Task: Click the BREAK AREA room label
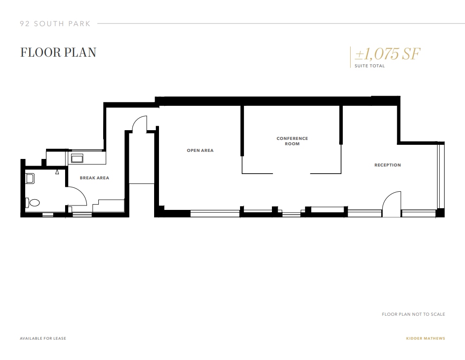coord(94,178)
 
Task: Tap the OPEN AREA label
coord(200,151)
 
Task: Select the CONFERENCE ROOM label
coord(292,141)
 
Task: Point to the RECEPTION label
coord(387,165)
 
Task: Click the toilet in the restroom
coord(33,203)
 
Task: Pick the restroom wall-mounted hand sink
coord(30,178)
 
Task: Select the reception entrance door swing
coord(391,203)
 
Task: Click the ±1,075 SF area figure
coord(387,54)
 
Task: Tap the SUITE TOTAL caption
coord(370,66)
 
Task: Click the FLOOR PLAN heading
coord(58,52)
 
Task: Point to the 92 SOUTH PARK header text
coord(55,23)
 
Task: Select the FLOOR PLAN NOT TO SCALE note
coord(413,314)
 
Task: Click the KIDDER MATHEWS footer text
coord(426,339)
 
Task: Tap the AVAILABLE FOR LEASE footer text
coord(43,339)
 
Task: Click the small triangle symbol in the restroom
coord(58,172)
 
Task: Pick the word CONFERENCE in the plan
coord(292,139)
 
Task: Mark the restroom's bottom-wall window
coord(48,215)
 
